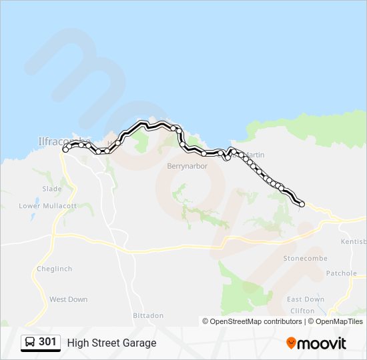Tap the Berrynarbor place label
tap(188, 166)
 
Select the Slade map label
tap(52, 189)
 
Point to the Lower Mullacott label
tap(48, 206)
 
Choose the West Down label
tap(68, 299)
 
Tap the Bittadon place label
tap(147, 315)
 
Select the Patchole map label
tap(341, 273)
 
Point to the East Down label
tap(305, 299)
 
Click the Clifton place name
tap(302, 311)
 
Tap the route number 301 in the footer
tap(47, 342)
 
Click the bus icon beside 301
tap(30, 343)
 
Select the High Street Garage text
tap(111, 343)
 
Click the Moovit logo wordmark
tap(322, 343)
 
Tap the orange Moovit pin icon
tap(291, 343)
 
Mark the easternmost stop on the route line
tap(302, 204)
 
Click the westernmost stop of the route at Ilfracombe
tap(65, 151)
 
